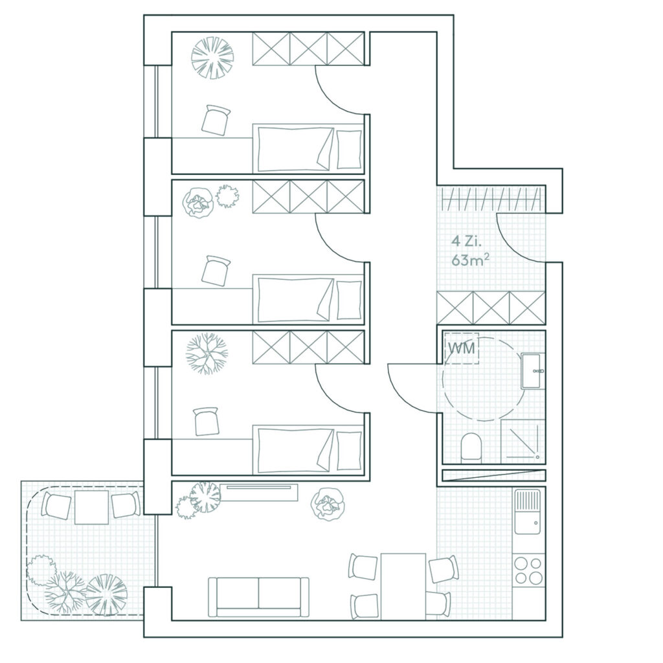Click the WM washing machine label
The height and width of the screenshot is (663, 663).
(462, 348)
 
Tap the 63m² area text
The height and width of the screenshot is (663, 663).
(470, 260)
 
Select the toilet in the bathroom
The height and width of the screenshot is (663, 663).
(471, 447)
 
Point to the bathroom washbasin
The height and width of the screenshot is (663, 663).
(533, 371)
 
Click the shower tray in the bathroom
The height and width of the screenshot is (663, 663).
(523, 441)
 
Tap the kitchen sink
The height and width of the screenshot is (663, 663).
(528, 511)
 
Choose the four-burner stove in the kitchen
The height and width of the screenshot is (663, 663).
(528, 570)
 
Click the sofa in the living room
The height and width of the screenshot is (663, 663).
(258, 596)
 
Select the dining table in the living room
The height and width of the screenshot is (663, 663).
(403, 586)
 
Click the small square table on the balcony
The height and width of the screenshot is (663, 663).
(91, 507)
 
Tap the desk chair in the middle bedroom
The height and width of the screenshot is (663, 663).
(216, 271)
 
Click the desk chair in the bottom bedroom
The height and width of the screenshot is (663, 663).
(207, 421)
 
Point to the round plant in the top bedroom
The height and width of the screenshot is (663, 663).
(212, 58)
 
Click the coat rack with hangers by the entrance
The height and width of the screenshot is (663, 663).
(491, 198)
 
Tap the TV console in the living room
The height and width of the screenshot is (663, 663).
(259, 492)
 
